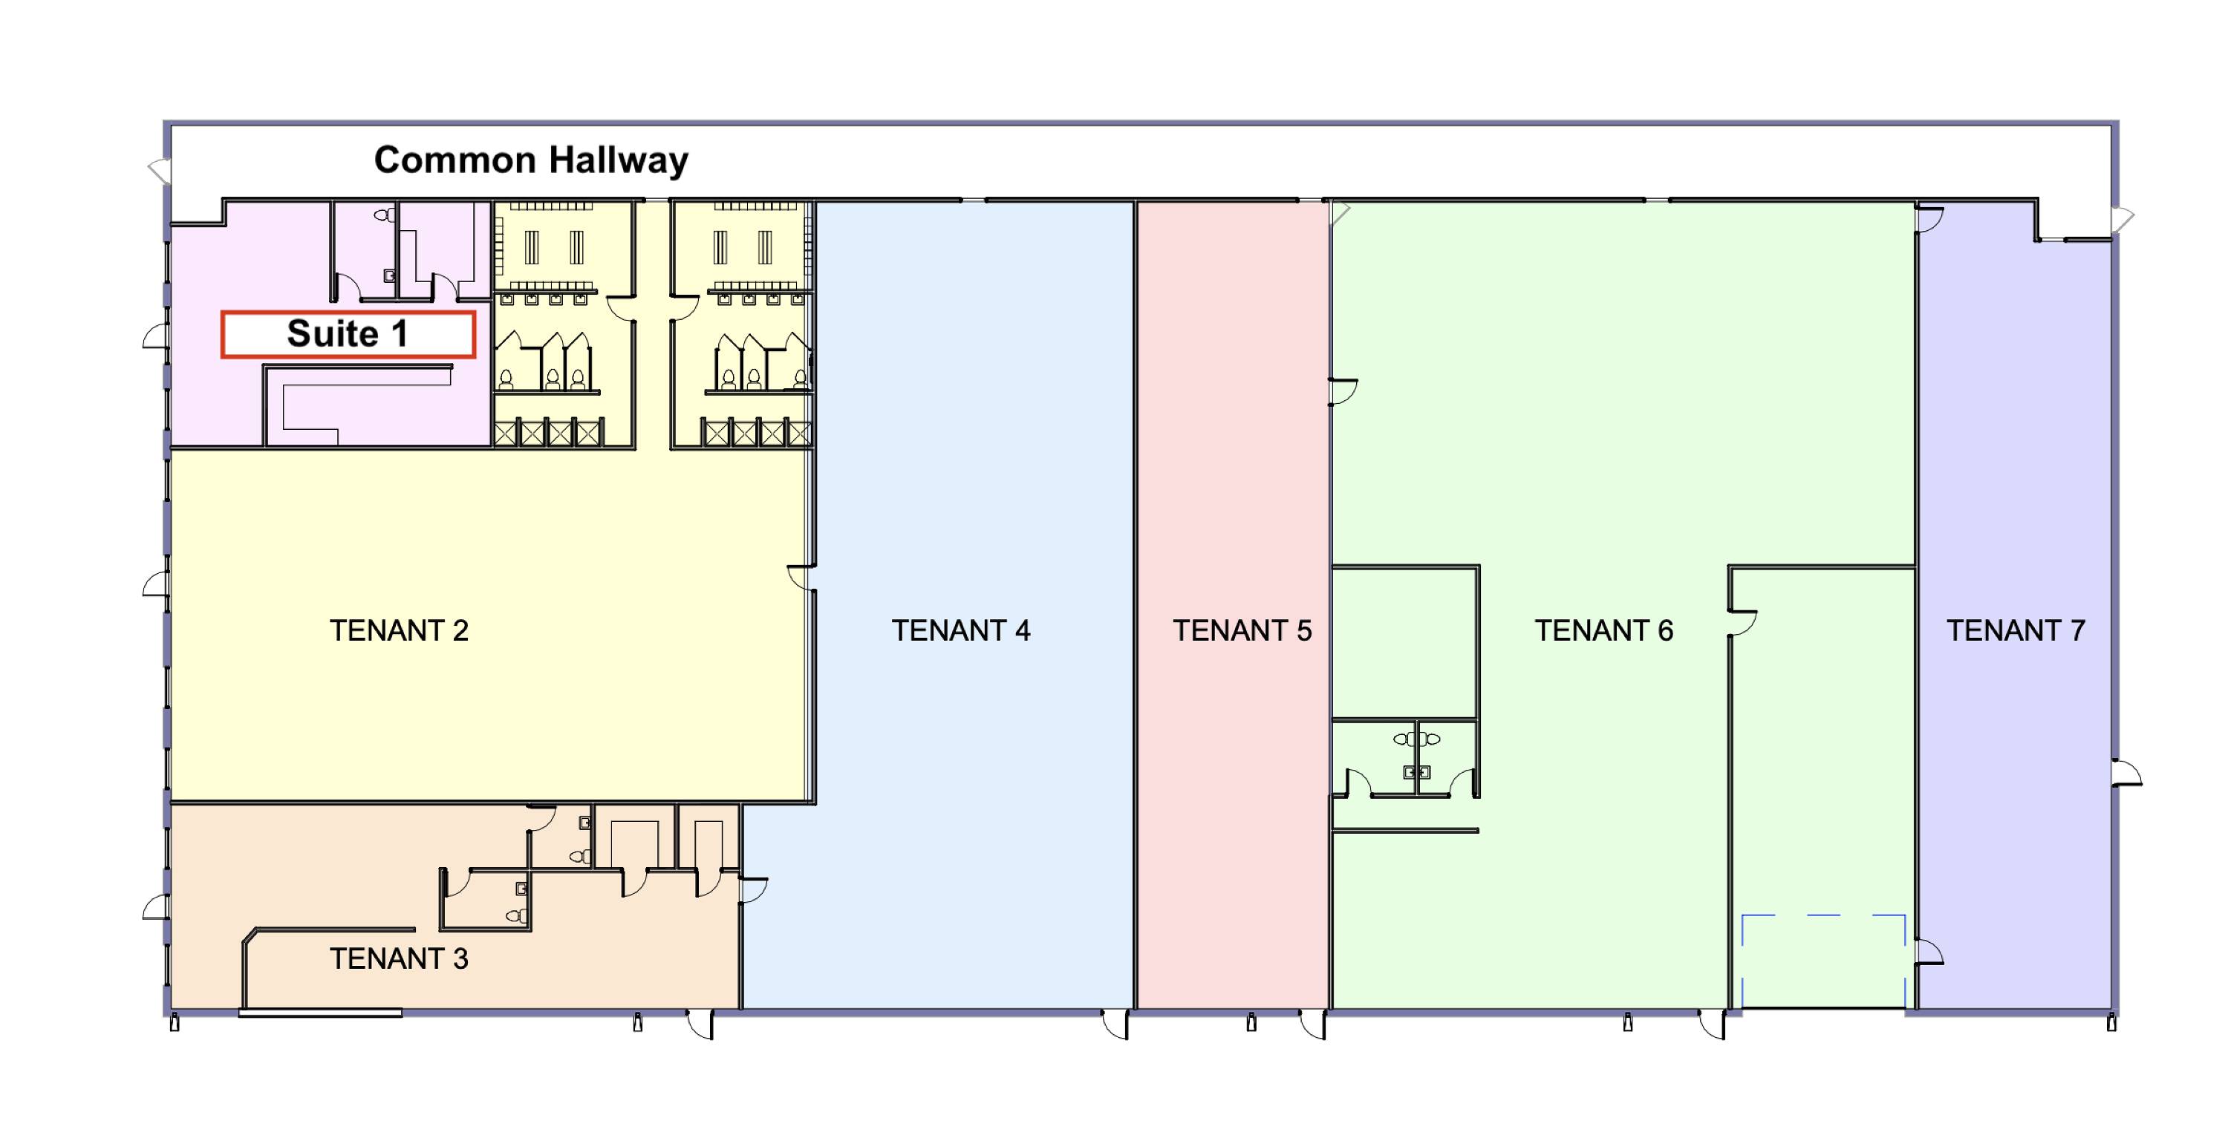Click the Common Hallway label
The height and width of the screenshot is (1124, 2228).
531,160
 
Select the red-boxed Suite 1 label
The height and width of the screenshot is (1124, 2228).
348,334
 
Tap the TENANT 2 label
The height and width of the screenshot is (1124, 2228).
399,630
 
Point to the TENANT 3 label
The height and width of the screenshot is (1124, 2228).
399,958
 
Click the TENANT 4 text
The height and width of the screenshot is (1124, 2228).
961,630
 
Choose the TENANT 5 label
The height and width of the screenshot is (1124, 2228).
1242,630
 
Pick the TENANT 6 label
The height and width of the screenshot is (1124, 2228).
1603,630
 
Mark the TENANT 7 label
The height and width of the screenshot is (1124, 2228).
2016,630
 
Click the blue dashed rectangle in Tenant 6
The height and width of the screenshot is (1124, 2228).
1823,915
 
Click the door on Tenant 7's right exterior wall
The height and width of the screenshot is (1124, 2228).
2127,772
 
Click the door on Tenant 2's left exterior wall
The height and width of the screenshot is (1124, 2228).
156,584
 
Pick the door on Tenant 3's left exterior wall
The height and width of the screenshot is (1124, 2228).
156,906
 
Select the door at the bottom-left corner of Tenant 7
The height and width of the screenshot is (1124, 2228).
1929,952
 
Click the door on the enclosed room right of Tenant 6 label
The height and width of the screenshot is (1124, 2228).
1743,624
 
